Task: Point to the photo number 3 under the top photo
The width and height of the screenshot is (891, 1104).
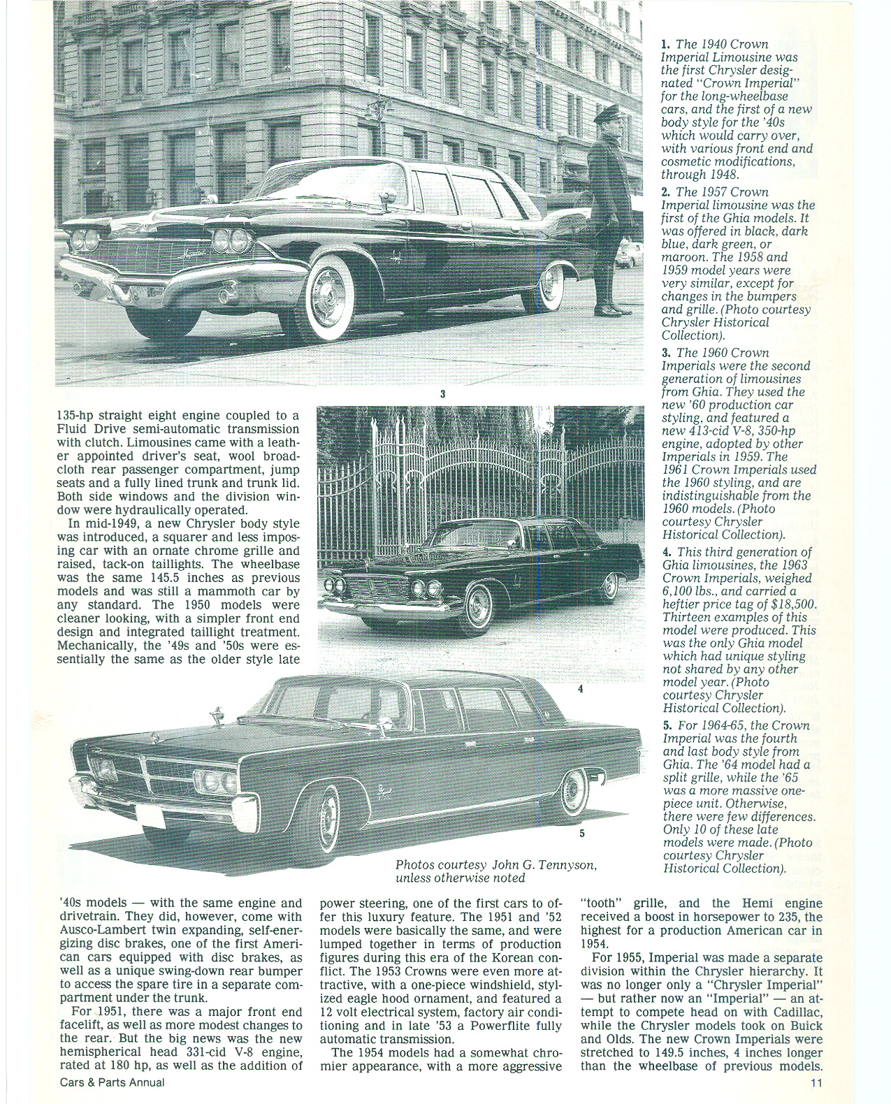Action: [x=442, y=393]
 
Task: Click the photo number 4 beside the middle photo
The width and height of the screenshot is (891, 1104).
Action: [x=580, y=688]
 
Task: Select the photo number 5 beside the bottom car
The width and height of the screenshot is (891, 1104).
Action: [x=581, y=833]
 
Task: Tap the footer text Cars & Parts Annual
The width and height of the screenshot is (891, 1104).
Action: [x=113, y=1083]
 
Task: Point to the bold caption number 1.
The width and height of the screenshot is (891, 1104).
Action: [x=666, y=44]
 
